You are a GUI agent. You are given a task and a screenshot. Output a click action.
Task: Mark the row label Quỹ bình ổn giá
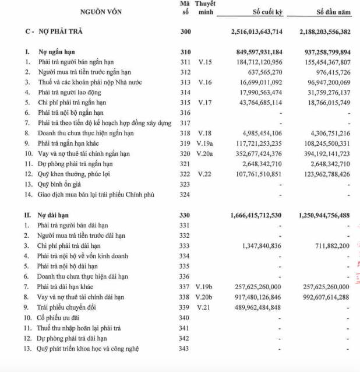coord(63,184)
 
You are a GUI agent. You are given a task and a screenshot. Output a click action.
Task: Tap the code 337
coord(185,287)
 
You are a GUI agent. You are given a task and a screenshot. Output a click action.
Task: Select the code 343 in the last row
coord(185,349)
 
